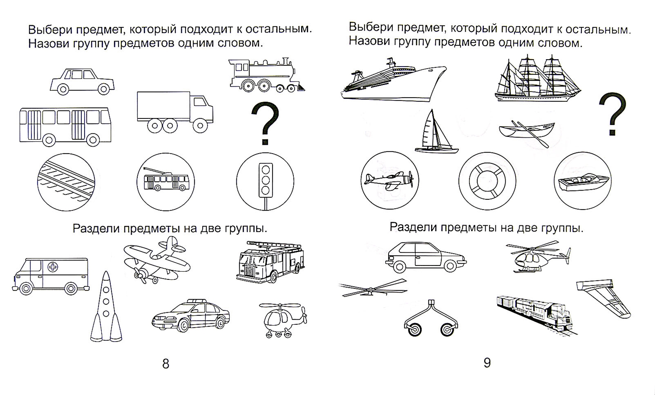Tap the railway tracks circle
66,182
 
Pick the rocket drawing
106,307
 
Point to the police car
190,316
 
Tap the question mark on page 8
265,124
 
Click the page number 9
487,363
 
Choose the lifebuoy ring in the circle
487,181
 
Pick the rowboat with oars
527,132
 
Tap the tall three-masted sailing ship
537,80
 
